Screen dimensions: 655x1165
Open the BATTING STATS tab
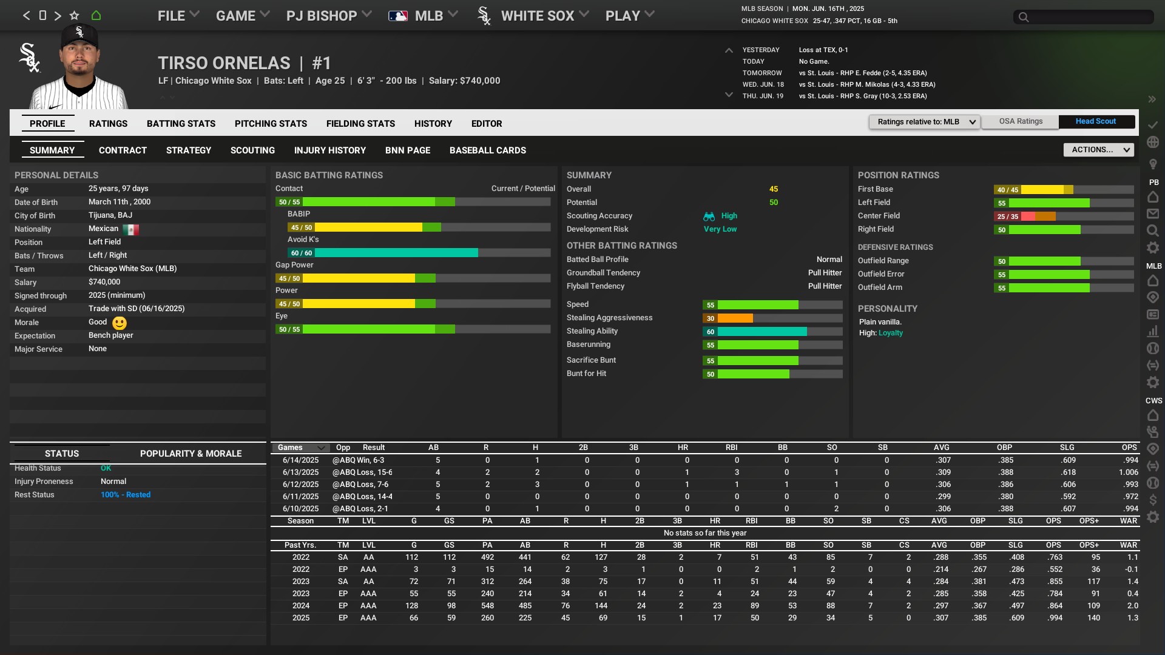coord(181,124)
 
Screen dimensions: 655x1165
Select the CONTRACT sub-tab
coord(123,150)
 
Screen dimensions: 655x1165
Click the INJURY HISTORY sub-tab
coord(329,150)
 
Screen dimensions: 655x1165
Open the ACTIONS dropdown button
coord(1098,150)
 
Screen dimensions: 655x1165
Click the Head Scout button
coord(1095,121)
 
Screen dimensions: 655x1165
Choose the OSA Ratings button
coord(1021,121)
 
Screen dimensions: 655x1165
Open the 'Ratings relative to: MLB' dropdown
coord(924,122)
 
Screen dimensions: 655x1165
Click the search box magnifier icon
coord(1024,17)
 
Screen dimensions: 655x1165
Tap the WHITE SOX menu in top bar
coord(537,16)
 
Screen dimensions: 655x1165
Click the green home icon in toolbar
coord(96,16)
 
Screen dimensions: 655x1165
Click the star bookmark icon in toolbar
coord(74,16)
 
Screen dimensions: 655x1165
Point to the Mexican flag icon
coord(130,229)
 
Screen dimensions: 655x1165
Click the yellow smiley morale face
coord(120,323)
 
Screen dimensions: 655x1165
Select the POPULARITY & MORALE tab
coord(191,454)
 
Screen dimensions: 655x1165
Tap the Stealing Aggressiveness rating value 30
coord(711,318)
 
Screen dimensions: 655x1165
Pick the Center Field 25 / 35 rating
coord(1007,217)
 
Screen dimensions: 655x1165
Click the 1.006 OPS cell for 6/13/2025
coord(1128,472)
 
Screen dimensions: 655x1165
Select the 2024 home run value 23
coord(717,606)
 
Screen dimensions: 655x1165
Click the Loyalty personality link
coord(890,333)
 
